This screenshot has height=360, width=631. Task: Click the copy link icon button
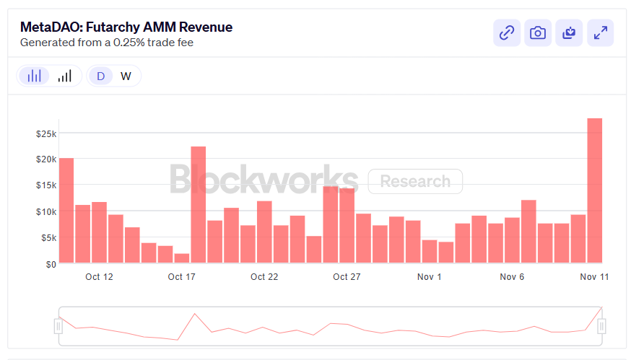pos(507,32)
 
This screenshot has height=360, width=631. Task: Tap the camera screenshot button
pos(538,32)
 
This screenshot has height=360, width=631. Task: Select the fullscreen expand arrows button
pos(600,32)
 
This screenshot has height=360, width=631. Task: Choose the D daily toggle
pos(100,76)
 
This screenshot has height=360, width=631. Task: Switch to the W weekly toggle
pos(126,76)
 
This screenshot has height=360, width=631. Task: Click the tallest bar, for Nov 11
pos(594,191)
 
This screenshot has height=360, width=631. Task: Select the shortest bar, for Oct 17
pos(182,258)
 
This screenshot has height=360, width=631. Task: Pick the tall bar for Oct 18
pos(199,205)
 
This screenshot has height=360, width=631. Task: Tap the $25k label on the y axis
pos(45,133)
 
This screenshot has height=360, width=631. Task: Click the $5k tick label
pos(45,238)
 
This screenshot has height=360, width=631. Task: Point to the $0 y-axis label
pos(49,264)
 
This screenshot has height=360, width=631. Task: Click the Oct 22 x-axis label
pos(264,277)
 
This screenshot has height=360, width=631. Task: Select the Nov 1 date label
pos(430,277)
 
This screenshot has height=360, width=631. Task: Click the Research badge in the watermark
pos(415,181)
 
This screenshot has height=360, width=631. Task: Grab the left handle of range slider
pos(58,327)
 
